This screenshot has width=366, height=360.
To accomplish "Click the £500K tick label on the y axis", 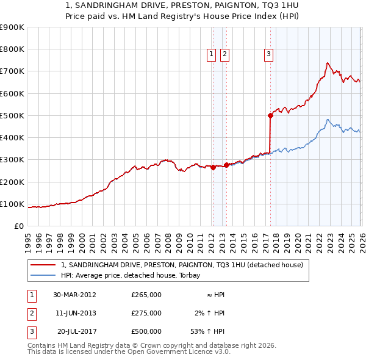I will pos(12,115).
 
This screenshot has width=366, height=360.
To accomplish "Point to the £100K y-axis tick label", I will pos(12,204).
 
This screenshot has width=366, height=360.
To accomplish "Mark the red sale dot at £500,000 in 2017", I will pos(270,115).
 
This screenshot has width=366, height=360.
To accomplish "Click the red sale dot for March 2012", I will pos(213,168).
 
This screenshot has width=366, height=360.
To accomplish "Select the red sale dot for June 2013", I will pos(226,165).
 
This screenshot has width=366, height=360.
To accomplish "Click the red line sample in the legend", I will pos(43,265).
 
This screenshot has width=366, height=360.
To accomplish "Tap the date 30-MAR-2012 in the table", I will pos(74,295).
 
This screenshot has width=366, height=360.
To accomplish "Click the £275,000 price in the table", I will pos(146,313).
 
